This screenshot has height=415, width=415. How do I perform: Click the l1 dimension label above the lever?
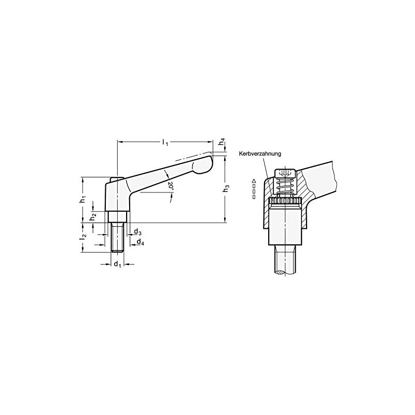pos(165,142)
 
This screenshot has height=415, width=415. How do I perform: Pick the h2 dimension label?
pos(93,217)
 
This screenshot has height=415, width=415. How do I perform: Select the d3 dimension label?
pos(138,232)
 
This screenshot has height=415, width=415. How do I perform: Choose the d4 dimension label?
pos(141,242)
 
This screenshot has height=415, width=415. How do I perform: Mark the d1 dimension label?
pos(117,265)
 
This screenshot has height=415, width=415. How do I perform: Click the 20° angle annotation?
pos(171,185)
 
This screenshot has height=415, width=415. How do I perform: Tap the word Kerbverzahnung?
pos(260,154)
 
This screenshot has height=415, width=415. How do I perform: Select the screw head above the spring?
pos(284,172)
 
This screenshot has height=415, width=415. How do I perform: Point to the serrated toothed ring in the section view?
pos(285,201)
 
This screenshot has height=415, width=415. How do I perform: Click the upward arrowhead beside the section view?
pos(253,180)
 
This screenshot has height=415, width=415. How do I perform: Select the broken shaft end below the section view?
pos(285,262)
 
